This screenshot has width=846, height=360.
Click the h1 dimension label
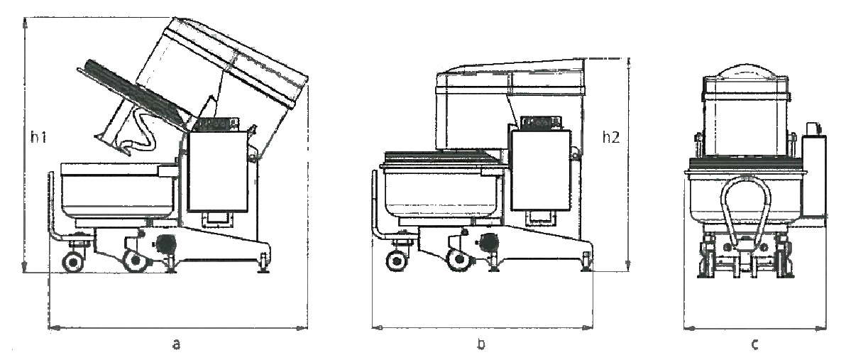click(38, 138)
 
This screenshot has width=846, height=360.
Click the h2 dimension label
click(611, 138)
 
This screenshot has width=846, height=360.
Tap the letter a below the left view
click(177, 344)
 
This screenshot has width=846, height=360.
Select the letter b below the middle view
click(481, 344)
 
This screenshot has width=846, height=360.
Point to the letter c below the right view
click(755, 344)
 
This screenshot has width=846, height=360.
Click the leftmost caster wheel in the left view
click(73, 262)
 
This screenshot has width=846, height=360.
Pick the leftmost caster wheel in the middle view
click(397, 261)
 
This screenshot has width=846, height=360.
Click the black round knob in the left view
click(165, 244)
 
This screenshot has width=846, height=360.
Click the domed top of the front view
click(746, 71)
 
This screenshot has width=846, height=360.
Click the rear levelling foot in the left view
click(264, 263)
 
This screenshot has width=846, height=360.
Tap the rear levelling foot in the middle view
click(586, 261)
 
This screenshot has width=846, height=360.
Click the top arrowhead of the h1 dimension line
click(25, 22)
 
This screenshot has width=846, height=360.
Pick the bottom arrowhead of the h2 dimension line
click(628, 266)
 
